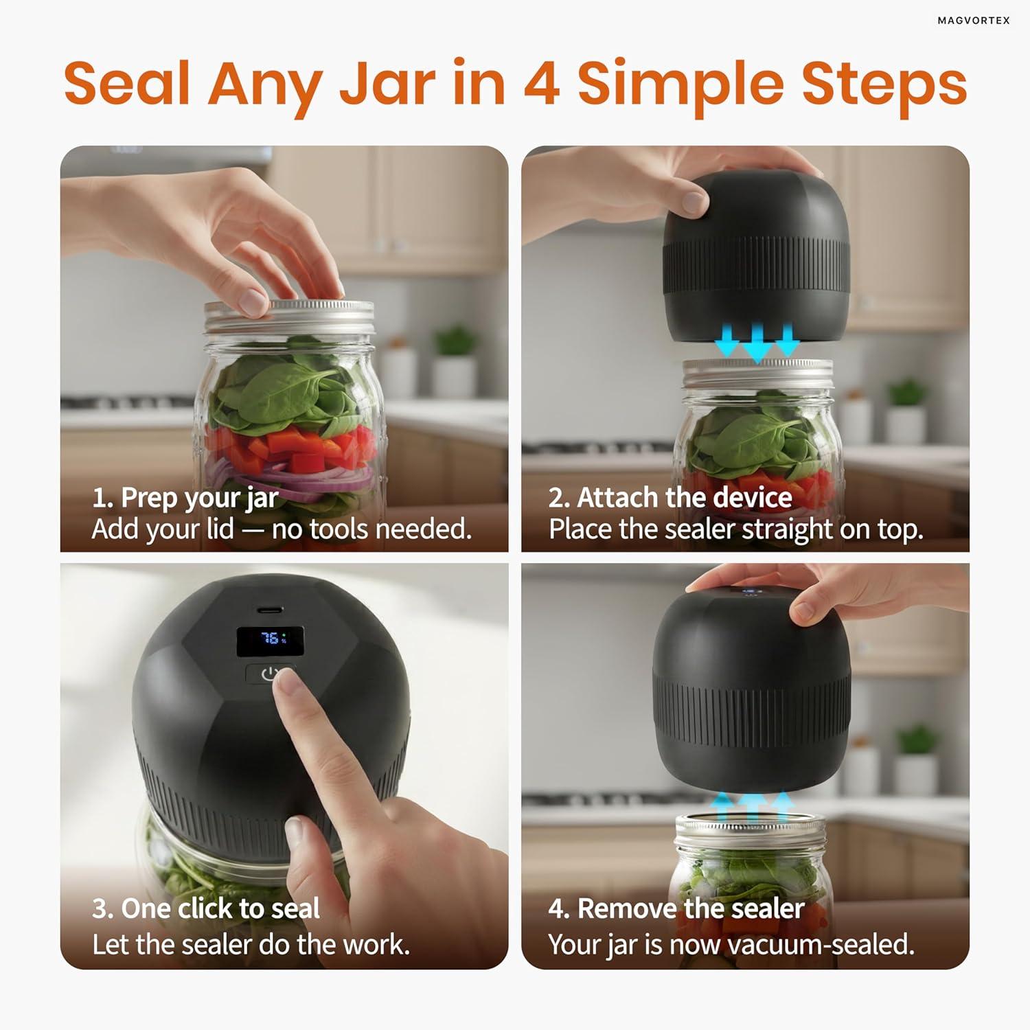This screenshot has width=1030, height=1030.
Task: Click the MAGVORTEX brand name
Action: (974, 21)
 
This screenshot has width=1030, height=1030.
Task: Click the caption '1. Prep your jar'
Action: (185, 498)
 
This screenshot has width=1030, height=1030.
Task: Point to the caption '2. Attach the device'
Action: (670, 497)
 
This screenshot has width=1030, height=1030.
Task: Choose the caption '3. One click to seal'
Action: (206, 908)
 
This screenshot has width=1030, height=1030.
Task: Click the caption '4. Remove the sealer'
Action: (676, 908)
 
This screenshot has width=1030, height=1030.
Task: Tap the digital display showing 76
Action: (271, 640)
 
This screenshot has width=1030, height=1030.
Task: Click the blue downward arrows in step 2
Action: (757, 341)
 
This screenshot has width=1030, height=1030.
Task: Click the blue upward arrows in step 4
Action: (753, 806)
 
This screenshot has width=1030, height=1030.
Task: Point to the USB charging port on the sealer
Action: (270, 609)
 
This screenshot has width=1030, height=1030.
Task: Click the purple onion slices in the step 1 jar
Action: (288, 477)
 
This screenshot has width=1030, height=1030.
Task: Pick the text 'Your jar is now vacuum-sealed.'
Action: (731, 945)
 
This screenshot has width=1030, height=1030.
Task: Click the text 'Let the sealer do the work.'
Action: (251, 945)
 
